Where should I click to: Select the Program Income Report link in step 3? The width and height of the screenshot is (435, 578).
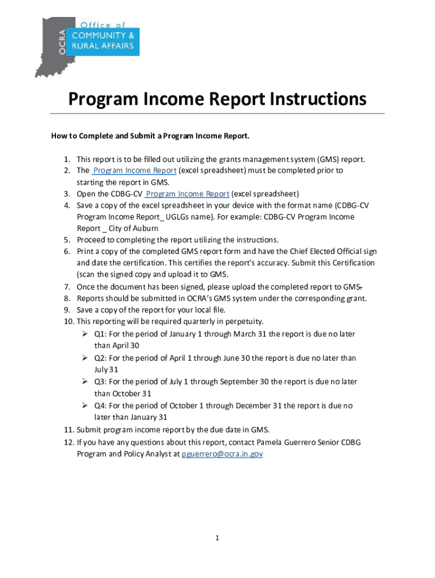click(187, 194)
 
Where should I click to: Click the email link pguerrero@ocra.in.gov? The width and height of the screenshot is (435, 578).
click(222, 454)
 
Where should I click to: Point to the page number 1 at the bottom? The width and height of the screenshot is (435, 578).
click(217, 538)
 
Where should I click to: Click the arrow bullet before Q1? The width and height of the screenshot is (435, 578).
click(84, 334)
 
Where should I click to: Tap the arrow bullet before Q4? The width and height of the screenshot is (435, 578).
click(84, 405)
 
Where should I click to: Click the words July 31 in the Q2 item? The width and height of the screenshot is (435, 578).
click(106, 369)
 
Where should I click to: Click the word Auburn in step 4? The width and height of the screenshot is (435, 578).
click(144, 229)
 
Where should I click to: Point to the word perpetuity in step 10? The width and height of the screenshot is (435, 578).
click(243, 321)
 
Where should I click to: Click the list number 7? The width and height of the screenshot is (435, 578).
click(66, 286)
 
